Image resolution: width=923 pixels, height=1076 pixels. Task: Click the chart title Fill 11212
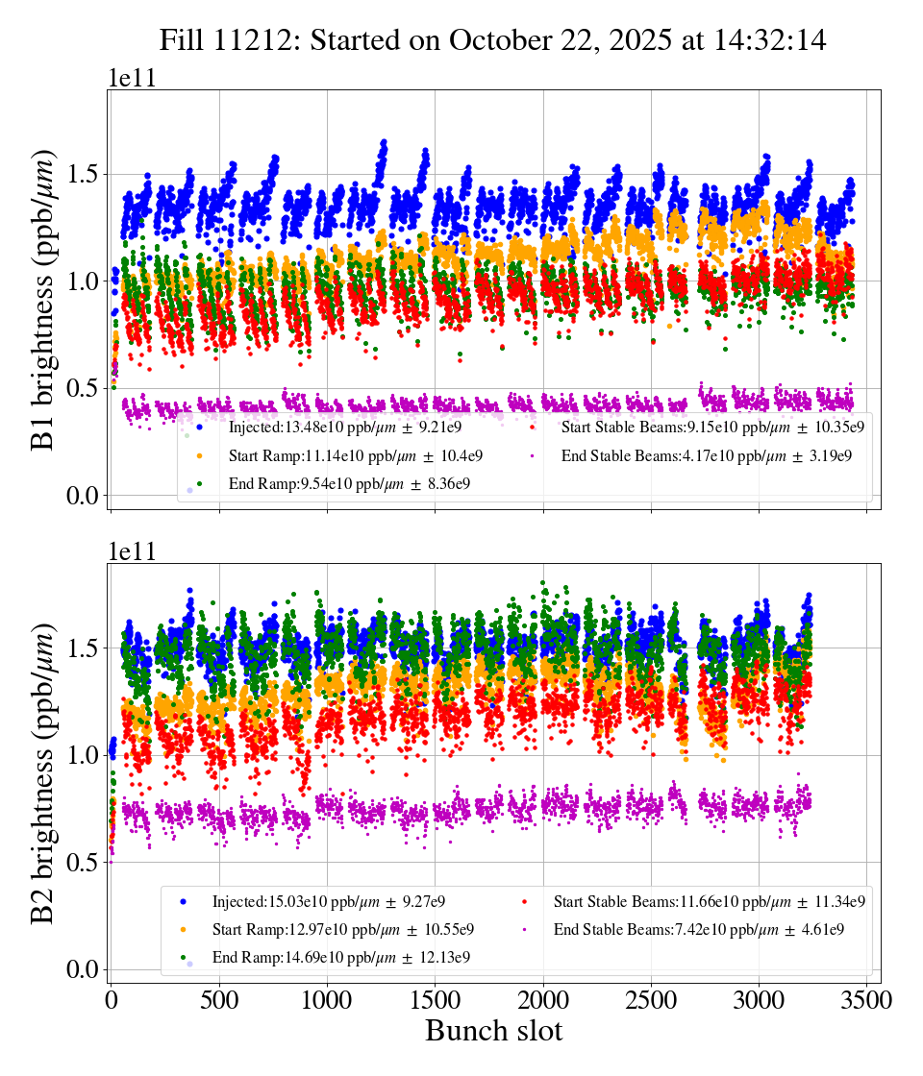(493, 40)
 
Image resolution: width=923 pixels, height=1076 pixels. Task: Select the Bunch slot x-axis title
(493, 1031)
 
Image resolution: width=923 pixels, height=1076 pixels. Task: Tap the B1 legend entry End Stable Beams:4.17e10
(707, 455)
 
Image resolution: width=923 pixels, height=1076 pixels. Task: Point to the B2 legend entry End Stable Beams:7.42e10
(699, 930)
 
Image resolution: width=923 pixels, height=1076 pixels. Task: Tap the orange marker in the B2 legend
(183, 930)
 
